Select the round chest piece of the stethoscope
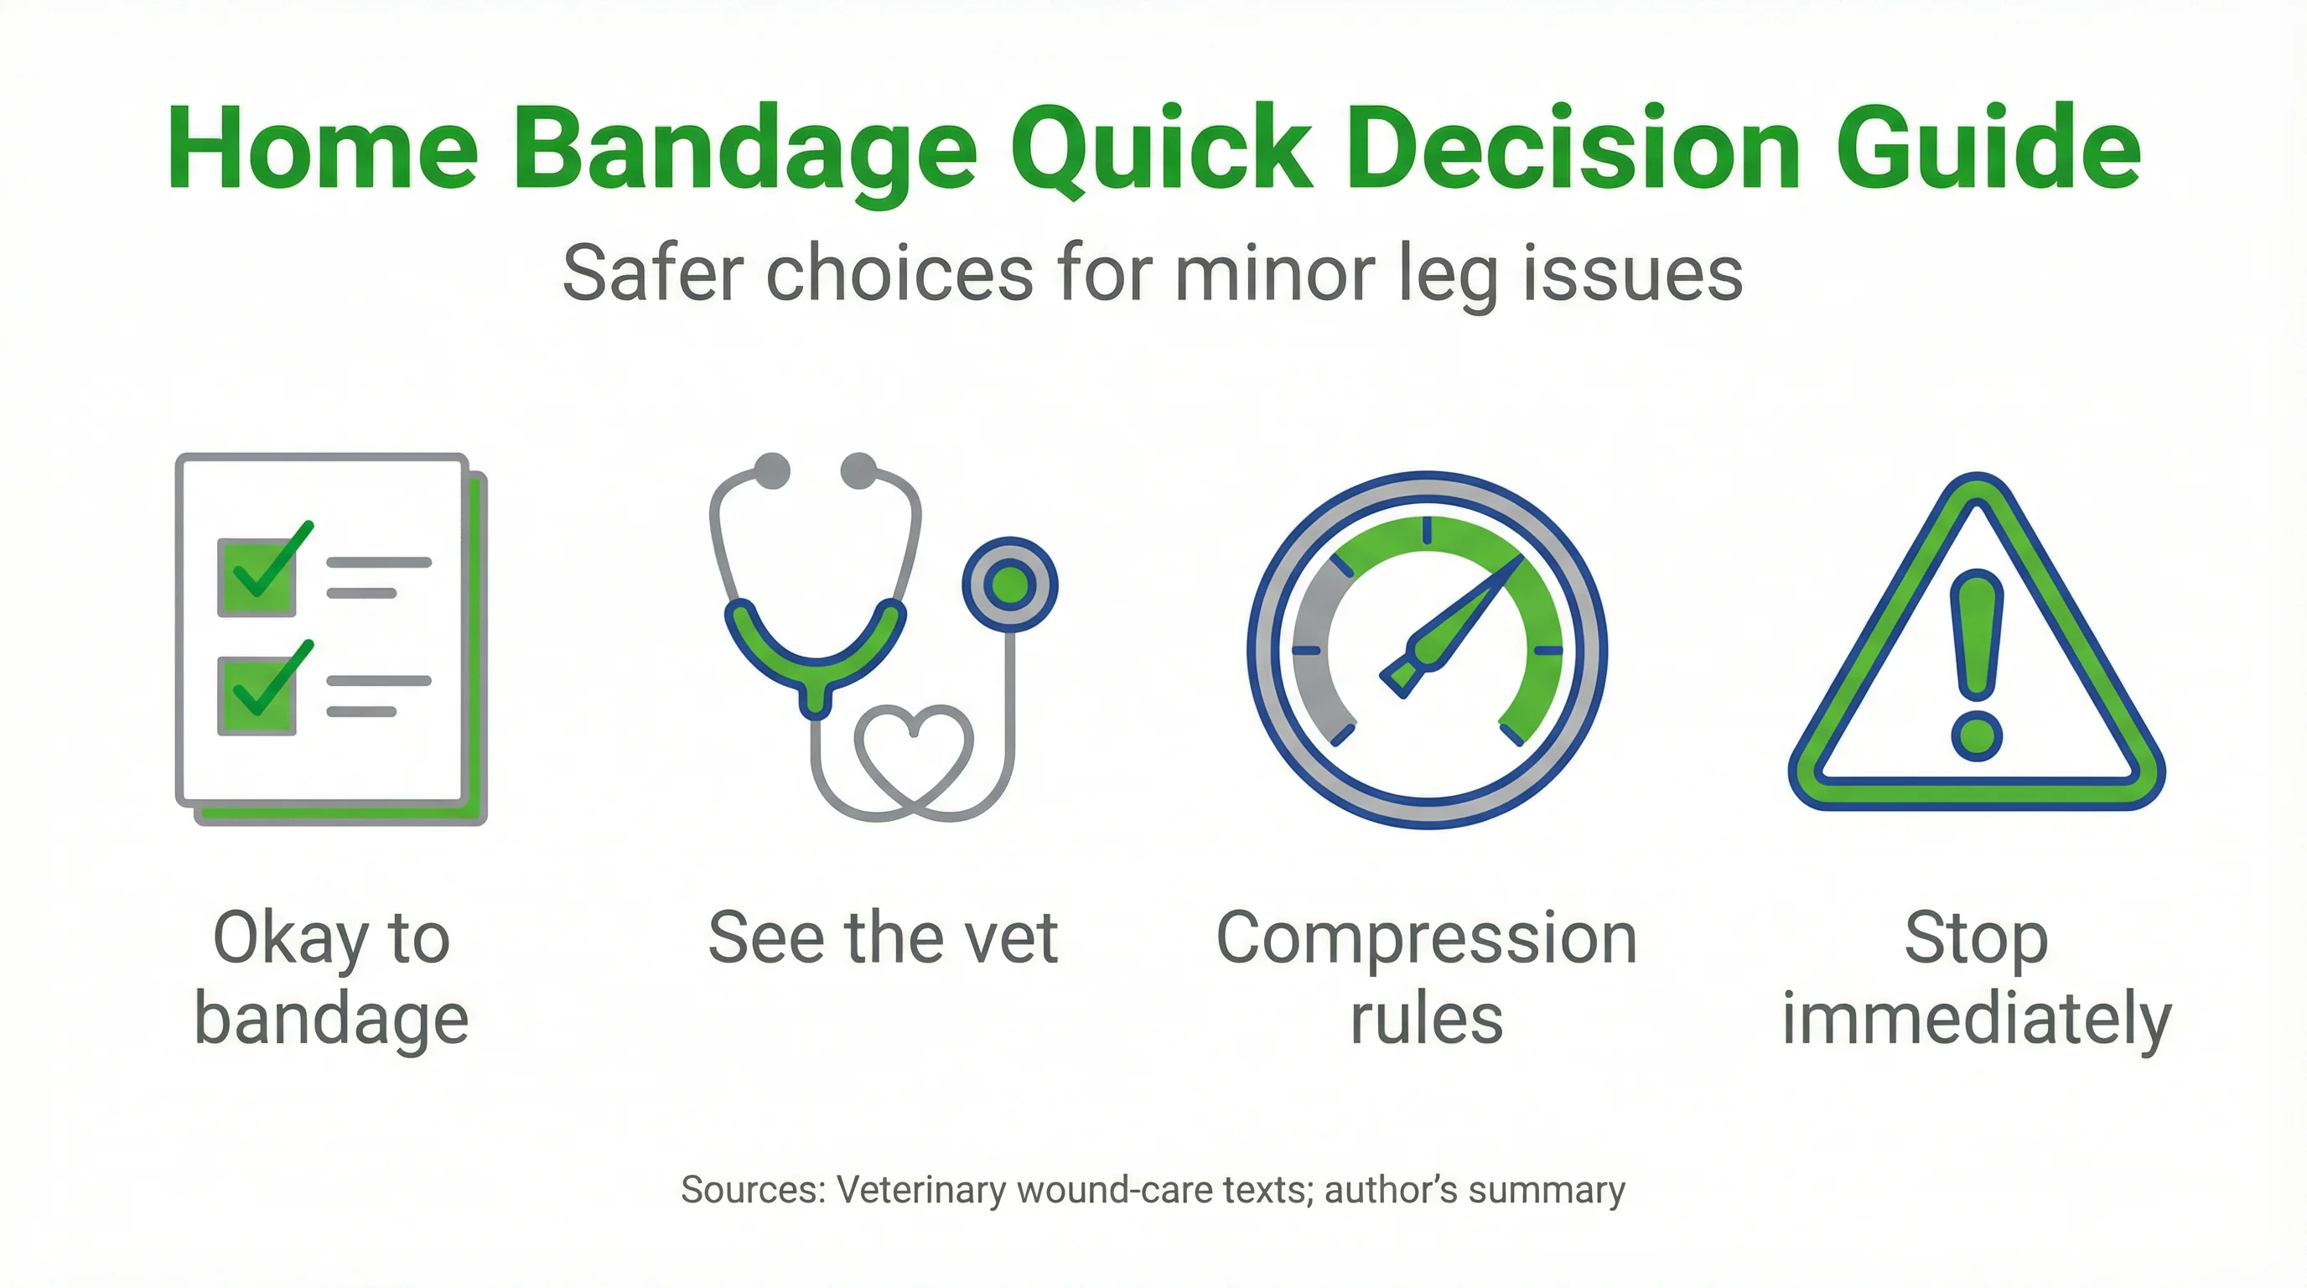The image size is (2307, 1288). tap(1010, 586)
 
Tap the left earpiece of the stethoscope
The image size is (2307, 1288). tap(772, 471)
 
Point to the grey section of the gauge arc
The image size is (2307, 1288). tap(1316, 654)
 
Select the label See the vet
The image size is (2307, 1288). tap(883, 937)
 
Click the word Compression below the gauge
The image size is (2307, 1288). tap(1427, 937)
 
